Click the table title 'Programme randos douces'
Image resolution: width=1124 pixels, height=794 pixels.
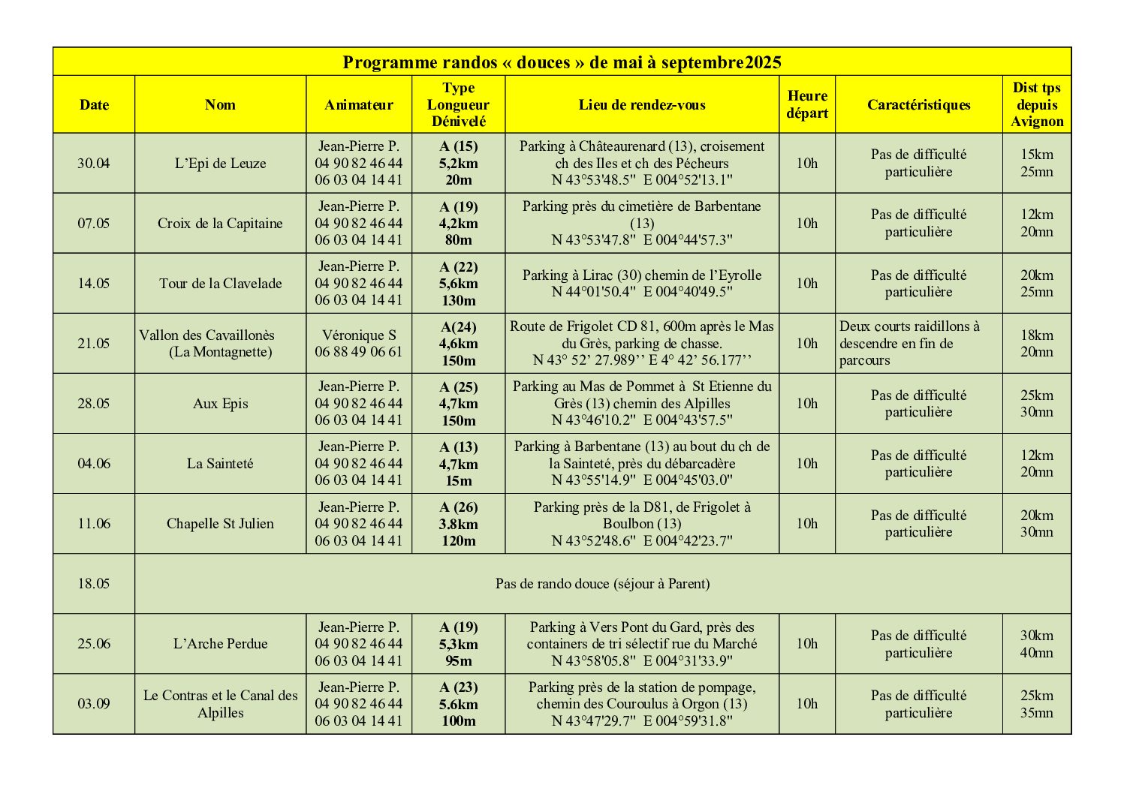pos(562,62)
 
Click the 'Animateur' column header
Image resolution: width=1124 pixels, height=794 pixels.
pos(358,105)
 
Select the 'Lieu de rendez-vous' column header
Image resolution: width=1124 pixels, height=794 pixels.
pos(642,105)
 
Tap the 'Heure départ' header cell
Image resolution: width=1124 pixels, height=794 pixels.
pos(807,105)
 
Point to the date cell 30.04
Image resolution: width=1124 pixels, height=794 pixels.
pos(94,164)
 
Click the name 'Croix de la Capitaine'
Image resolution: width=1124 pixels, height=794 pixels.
pos(220,224)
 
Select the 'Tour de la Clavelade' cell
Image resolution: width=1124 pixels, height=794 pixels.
pos(220,284)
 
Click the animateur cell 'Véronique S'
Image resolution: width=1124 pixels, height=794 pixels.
pos(358,344)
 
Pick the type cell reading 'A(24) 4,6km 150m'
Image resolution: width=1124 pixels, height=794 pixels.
pos(458,344)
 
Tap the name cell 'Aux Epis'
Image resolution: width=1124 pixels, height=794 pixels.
pos(220,404)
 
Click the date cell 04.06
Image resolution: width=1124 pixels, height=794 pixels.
pos(94,464)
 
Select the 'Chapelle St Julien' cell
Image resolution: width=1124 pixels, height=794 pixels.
pos(220,524)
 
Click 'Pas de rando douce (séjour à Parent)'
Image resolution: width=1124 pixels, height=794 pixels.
pos(602,584)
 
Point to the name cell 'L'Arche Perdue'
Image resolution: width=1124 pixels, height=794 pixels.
pos(220,644)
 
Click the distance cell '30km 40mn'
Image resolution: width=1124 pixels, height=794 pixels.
pos(1036,644)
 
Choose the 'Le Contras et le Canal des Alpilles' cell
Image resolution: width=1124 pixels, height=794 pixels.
pos(220,704)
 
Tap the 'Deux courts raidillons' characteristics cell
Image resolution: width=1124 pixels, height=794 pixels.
pos(918,344)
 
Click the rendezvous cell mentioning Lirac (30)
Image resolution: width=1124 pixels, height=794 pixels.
pos(642,284)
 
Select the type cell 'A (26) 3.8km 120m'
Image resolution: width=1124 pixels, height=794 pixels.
pos(458,524)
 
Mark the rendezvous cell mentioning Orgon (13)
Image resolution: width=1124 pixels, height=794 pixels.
pos(642,704)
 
